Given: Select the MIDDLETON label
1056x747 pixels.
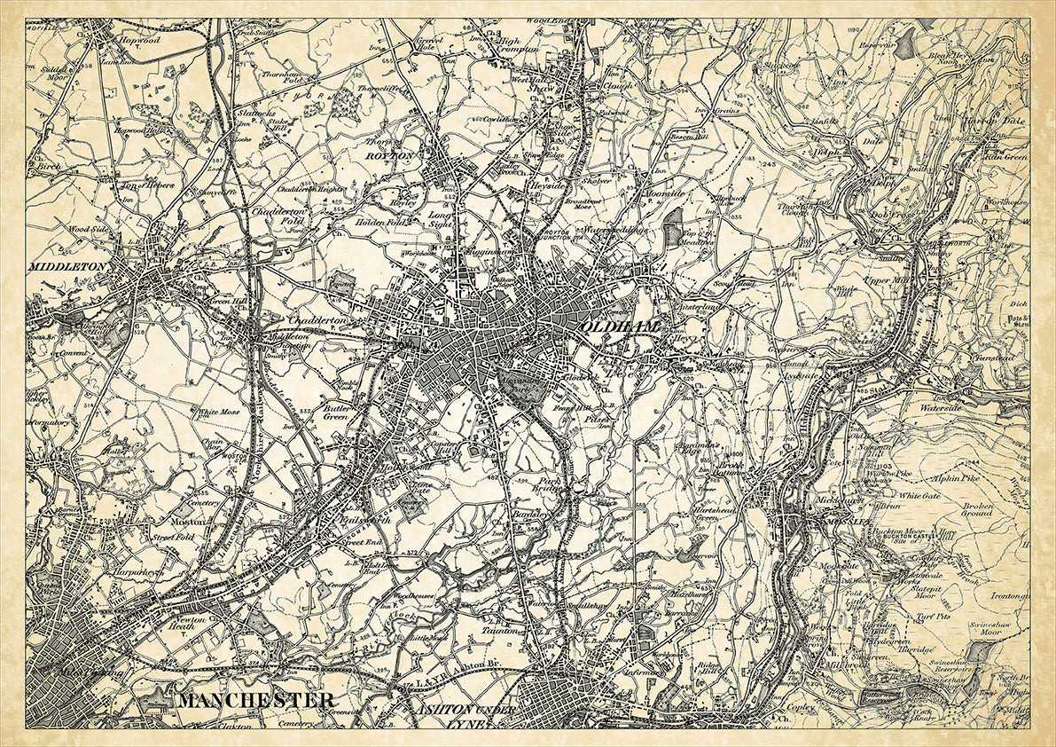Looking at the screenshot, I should click(x=67, y=266).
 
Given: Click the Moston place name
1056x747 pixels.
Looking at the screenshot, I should click(x=194, y=523).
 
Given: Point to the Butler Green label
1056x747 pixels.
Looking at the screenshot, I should click(x=337, y=411).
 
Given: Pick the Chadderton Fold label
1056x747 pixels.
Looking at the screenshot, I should click(x=278, y=217).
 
